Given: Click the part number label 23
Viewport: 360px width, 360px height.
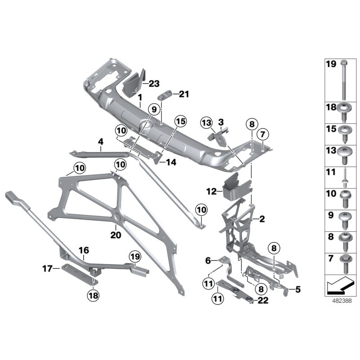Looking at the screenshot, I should click(154, 83).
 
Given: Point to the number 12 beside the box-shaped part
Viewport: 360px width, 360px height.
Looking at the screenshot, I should click(211, 191).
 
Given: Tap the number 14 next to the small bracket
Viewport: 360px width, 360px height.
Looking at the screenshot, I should click(171, 162).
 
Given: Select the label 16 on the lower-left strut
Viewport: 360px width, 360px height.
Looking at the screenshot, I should click(84, 250).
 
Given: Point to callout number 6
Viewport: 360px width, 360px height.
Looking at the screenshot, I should click(208, 260).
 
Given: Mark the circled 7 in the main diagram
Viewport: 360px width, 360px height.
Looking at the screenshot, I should click(263, 134).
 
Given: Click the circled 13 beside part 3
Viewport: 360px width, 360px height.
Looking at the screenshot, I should click(207, 122).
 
